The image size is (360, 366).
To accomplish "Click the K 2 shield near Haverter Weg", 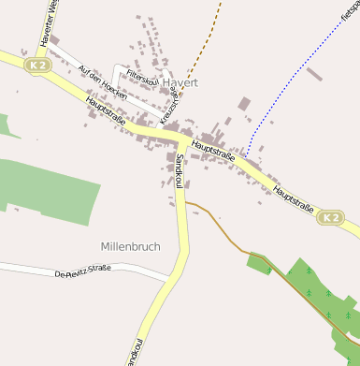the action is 36,66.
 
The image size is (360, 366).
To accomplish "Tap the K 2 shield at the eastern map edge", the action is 330,218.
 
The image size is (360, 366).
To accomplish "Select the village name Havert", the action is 180,82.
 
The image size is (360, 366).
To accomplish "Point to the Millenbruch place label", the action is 130,246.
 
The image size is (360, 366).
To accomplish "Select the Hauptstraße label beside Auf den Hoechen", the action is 105,113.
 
